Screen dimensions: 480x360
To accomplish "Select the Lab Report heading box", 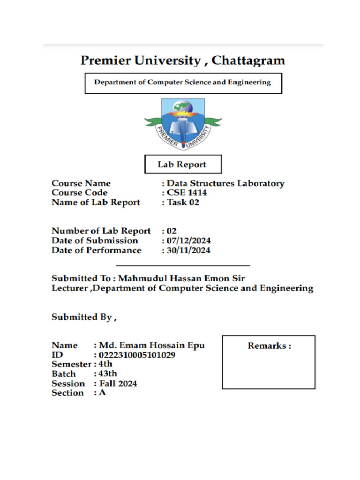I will tap(182, 165).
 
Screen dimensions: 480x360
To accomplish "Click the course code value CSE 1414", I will tap(187, 193).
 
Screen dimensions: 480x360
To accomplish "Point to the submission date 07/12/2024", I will tap(189, 241).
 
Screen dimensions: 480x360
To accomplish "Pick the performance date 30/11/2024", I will tap(189, 250).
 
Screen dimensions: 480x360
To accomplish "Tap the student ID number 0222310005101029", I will tap(137, 355).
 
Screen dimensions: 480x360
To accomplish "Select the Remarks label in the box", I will tap(269, 346).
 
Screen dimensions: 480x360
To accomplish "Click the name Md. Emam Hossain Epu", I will tap(152, 345).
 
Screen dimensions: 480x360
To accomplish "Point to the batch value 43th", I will tap(108, 374).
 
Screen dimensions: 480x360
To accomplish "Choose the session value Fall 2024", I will tap(118, 383).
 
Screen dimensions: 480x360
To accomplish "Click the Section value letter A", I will tap(102, 393).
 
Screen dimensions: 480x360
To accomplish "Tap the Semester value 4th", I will tap(106, 364).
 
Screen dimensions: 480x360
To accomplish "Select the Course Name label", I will tap(81, 183).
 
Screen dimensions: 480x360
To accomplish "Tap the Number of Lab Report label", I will tap(101, 231).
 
